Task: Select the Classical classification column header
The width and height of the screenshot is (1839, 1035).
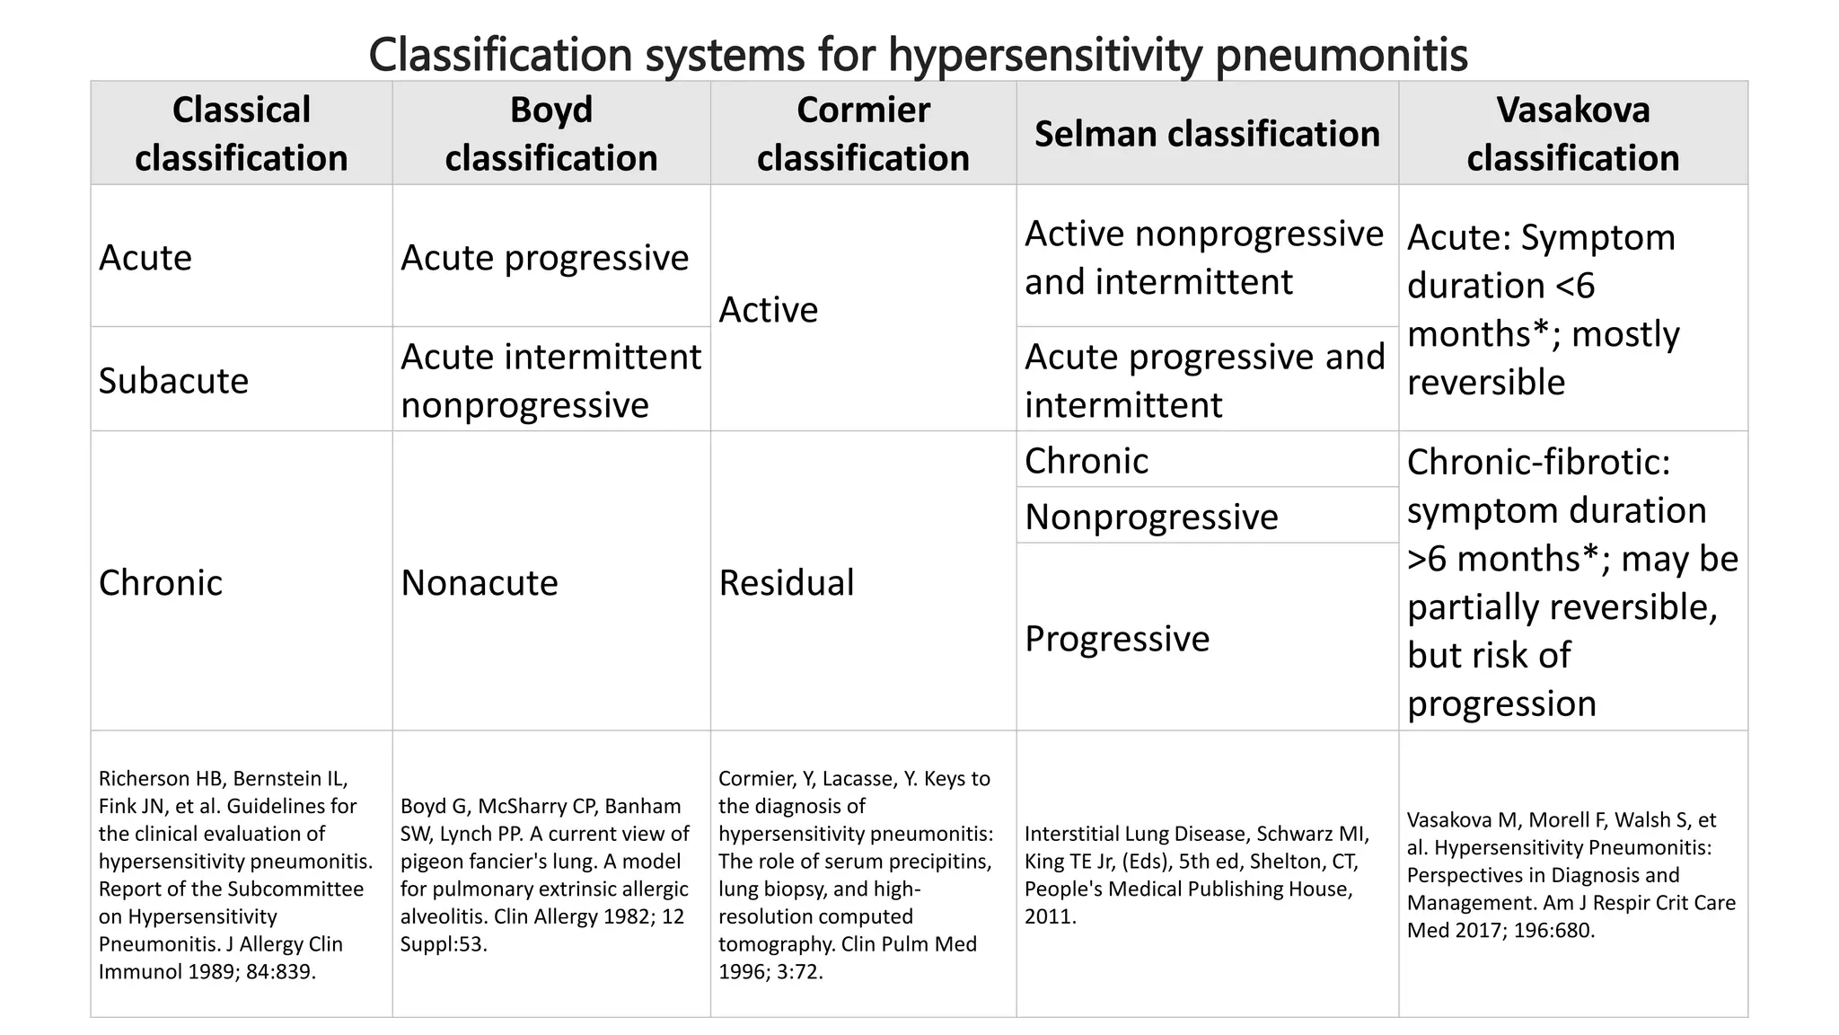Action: (x=241, y=134)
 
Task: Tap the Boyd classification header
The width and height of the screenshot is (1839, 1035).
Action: (x=550, y=134)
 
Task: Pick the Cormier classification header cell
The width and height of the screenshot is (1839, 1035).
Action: (x=863, y=134)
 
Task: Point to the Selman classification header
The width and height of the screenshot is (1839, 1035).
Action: (x=1207, y=134)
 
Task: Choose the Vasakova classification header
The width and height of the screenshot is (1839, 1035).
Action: (x=1572, y=134)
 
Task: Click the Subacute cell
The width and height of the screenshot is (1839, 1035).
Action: (x=173, y=381)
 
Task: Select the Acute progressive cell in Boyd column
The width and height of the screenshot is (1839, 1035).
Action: (x=544, y=258)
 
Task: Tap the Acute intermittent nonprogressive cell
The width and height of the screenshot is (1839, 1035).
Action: (x=550, y=381)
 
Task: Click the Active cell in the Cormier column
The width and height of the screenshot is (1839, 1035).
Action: (x=769, y=310)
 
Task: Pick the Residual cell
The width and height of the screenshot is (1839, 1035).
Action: (x=787, y=583)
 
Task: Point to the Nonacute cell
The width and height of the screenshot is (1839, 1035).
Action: (x=480, y=583)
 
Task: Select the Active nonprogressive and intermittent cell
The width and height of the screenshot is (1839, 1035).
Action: (x=1203, y=258)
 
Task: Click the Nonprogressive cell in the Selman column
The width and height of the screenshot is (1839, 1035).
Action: (x=1151, y=517)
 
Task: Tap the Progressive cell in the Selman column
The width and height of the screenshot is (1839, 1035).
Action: (x=1117, y=639)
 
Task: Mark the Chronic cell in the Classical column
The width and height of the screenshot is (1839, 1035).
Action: (x=161, y=583)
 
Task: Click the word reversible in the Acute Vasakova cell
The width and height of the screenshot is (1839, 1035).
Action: (x=1486, y=383)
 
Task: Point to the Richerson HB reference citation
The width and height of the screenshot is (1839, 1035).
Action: (x=235, y=874)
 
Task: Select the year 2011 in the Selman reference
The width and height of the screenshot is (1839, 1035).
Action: (x=1050, y=917)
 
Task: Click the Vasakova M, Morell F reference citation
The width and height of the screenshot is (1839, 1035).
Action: (x=1571, y=874)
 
